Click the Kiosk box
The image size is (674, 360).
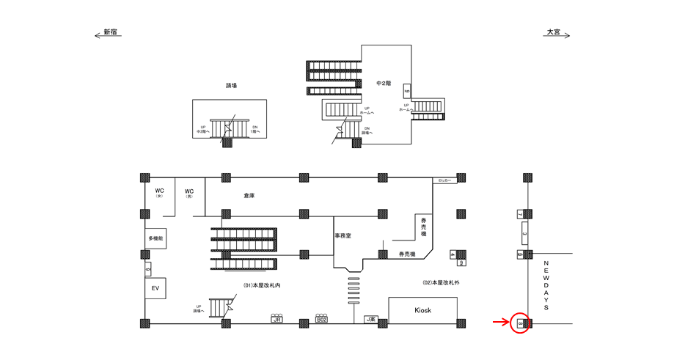(x=423, y=310)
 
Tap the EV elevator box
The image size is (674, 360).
(x=155, y=289)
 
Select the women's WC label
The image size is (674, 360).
(x=159, y=194)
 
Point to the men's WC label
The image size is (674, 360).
(x=189, y=194)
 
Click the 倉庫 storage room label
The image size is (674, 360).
(x=249, y=196)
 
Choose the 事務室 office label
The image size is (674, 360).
(x=343, y=236)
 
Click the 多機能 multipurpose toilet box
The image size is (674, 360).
(x=155, y=239)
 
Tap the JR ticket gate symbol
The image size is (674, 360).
(x=276, y=319)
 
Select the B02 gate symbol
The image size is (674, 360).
(x=321, y=319)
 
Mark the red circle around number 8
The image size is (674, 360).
(x=519, y=323)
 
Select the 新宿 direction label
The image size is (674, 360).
(x=111, y=33)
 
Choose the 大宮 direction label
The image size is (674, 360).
(x=552, y=33)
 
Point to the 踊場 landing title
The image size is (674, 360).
(x=231, y=86)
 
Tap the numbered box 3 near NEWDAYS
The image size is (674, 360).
(x=524, y=235)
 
